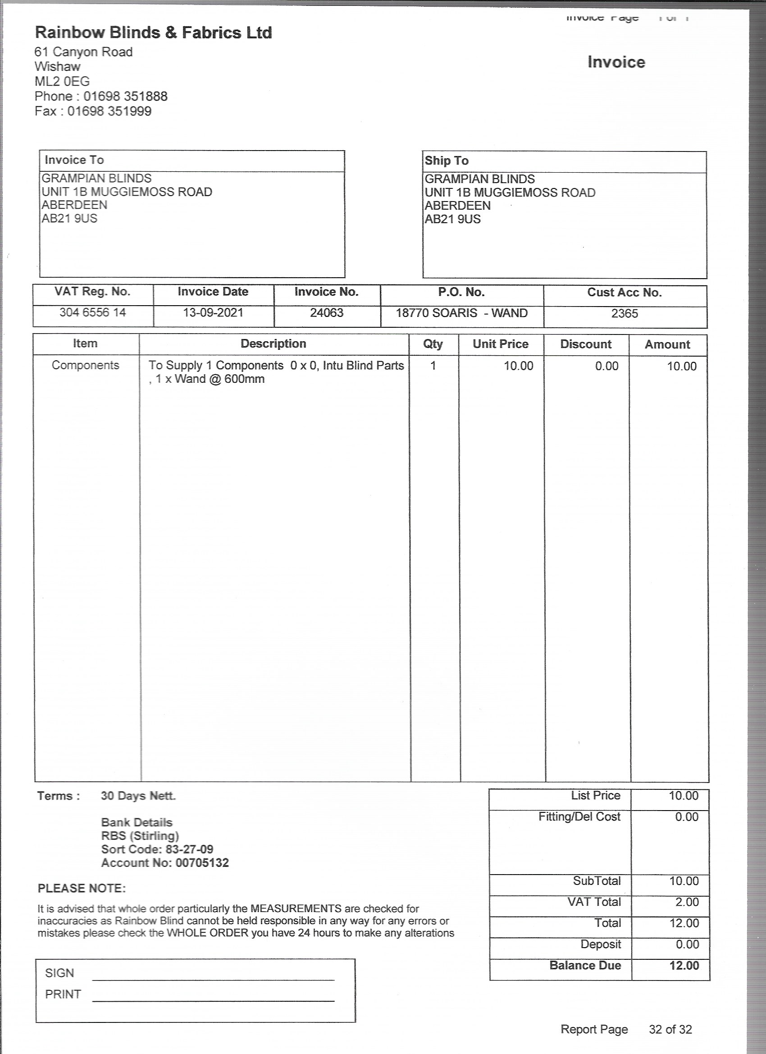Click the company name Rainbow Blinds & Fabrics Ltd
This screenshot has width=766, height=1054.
(x=153, y=32)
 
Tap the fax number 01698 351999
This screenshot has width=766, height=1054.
(x=109, y=111)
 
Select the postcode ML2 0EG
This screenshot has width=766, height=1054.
(x=62, y=81)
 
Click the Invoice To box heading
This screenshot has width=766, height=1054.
(x=74, y=160)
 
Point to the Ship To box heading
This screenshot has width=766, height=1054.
(x=447, y=160)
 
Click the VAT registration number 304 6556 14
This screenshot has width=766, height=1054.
(x=92, y=312)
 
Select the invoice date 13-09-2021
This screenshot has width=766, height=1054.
(x=213, y=312)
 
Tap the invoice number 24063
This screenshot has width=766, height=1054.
(x=327, y=312)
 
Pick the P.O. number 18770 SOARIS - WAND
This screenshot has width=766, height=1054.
(x=461, y=313)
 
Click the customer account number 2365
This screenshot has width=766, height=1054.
(x=625, y=313)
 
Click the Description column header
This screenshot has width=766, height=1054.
(x=273, y=344)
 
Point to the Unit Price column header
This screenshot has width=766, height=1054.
(x=500, y=344)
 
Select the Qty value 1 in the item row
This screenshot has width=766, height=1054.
(x=433, y=366)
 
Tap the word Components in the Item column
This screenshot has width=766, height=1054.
(x=86, y=365)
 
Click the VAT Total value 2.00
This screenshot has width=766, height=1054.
(x=687, y=902)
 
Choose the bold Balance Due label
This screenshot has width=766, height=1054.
(x=585, y=965)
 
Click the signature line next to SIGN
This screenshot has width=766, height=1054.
(x=213, y=976)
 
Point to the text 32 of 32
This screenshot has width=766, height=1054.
(x=670, y=1029)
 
